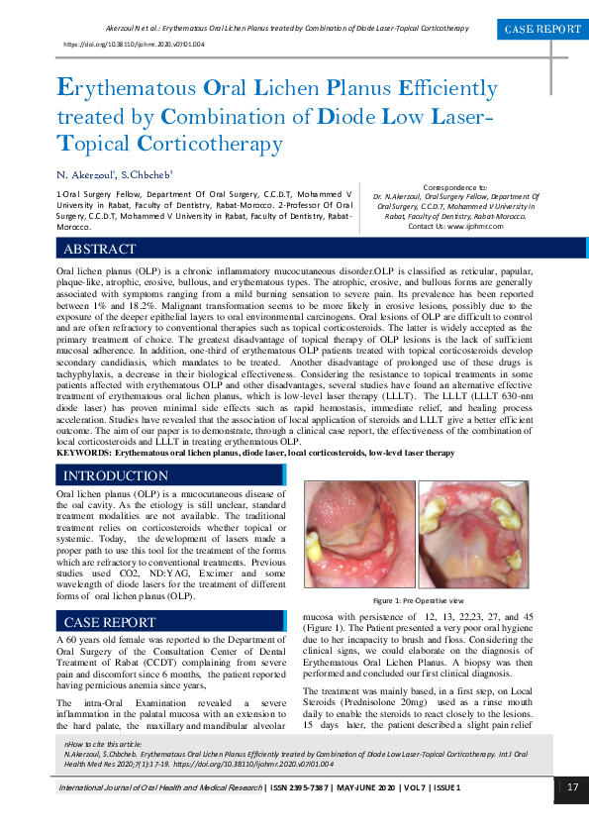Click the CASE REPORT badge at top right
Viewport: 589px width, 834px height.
coord(542,30)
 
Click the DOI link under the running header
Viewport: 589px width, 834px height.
coord(134,46)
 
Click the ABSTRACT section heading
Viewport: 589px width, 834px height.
coord(99,250)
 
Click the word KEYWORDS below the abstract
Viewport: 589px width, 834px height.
coord(83,452)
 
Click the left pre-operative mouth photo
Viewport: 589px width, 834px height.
coord(356,535)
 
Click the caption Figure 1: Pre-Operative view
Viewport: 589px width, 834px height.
coord(417,601)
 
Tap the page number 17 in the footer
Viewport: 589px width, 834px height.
coord(572,787)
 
